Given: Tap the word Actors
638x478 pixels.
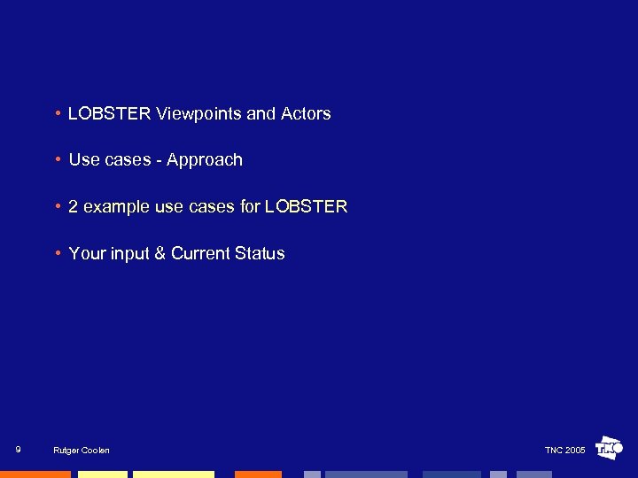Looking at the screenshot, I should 306,113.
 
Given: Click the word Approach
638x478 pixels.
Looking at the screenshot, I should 204,160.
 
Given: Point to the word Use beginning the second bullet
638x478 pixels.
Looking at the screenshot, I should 84,160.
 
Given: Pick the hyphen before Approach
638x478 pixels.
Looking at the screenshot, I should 160,160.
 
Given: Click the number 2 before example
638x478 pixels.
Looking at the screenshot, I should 74,206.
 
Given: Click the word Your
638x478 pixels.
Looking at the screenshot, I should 87,253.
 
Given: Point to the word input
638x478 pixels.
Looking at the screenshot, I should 130,254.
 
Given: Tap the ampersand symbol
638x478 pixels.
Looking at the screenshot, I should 160,253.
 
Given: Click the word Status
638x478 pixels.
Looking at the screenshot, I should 260,253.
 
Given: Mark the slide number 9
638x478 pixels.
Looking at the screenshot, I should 19,450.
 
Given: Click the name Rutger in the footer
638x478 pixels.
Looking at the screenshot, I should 66,451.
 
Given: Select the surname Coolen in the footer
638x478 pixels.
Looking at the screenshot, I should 95,451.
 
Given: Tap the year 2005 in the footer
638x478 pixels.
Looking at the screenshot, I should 575,451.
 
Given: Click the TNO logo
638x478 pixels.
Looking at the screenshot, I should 610,448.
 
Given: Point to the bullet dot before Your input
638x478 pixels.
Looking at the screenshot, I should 58,254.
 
